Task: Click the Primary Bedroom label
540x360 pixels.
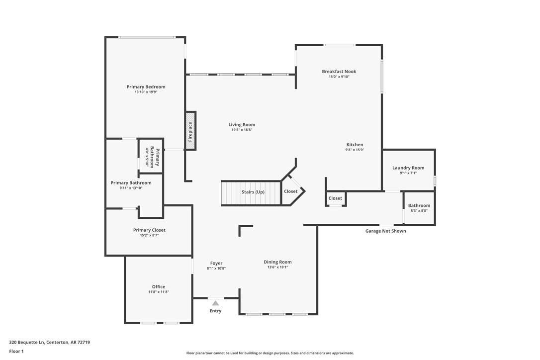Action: (146, 87)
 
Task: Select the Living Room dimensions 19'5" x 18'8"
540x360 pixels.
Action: (242, 130)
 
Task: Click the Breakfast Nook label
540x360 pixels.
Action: (339, 72)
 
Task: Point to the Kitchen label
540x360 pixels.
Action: (355, 145)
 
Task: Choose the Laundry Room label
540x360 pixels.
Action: (408, 168)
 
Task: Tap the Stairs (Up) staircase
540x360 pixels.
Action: (252, 192)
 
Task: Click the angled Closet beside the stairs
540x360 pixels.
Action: (291, 191)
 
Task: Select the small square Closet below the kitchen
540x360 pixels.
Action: (335, 198)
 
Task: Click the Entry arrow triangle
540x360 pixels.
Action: (215, 303)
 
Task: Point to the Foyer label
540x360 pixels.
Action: (216, 263)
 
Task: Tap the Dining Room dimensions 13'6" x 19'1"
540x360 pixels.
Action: (277, 268)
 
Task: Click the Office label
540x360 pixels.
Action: (158, 287)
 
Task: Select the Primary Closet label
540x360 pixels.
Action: (149, 230)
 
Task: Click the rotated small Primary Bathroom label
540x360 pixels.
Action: (152, 157)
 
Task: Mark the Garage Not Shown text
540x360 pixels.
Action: (385, 231)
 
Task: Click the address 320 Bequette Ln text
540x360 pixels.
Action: (49, 342)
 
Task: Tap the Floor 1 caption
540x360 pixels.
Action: (16, 351)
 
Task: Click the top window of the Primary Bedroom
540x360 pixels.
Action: (147, 37)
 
